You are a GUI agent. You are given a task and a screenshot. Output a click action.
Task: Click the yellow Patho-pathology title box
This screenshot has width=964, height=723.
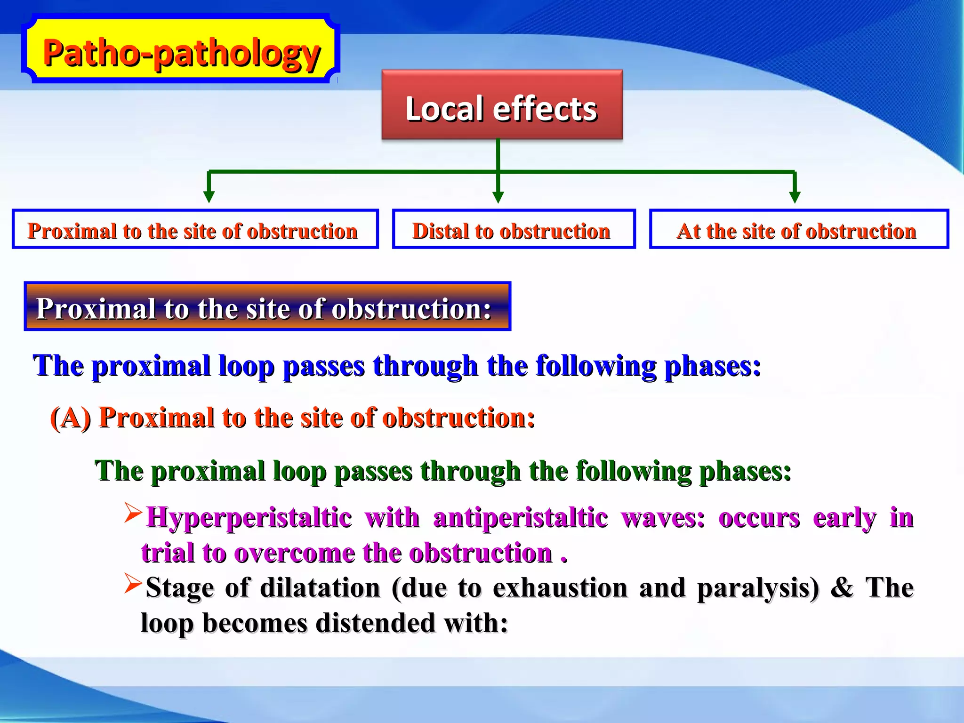(181, 52)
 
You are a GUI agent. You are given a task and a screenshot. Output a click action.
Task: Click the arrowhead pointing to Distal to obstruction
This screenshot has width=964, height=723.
(498, 197)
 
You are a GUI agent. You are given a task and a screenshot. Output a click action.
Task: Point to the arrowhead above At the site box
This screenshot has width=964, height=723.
(795, 197)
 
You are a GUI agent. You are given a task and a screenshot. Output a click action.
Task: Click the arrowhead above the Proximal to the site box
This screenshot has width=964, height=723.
(209, 197)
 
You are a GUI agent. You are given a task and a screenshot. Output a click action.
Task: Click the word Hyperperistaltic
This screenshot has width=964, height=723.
(249, 517)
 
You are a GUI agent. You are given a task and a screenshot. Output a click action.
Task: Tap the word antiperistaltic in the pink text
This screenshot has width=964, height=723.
(520, 517)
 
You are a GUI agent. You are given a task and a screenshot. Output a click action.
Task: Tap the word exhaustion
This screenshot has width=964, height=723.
(560, 588)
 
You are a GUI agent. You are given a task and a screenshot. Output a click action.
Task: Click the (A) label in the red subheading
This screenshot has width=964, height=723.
(71, 418)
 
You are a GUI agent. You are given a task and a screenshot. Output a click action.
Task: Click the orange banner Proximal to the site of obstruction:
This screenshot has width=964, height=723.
(267, 306)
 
